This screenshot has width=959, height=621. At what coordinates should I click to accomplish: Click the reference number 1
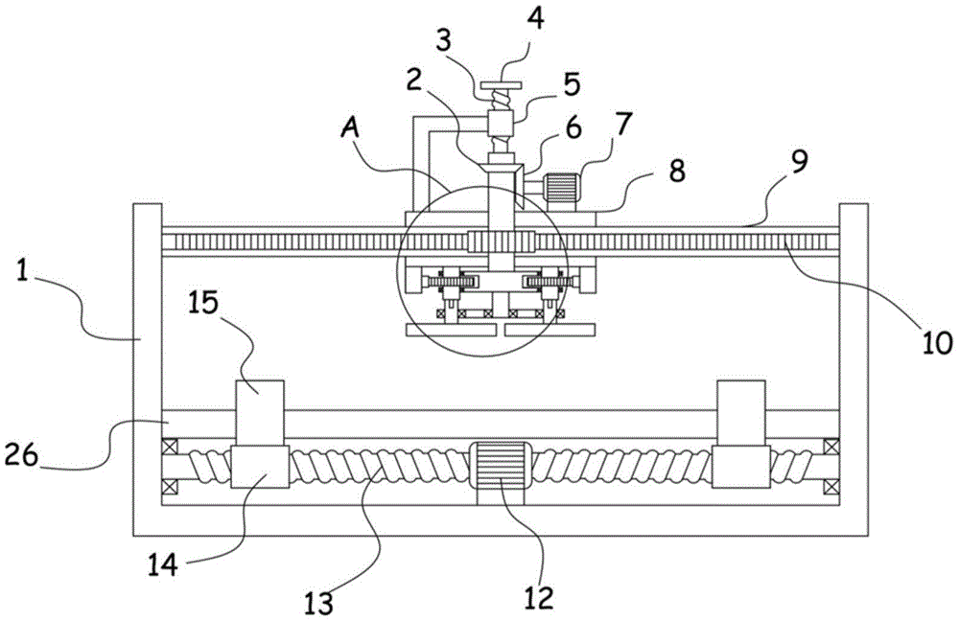pos(23,272)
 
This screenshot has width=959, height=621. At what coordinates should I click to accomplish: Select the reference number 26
pos(22,455)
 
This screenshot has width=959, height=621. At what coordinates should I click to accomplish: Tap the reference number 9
pos(801,162)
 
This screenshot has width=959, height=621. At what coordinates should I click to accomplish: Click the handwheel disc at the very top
pos(501,85)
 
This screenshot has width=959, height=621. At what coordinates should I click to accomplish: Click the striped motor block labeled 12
pos(500,465)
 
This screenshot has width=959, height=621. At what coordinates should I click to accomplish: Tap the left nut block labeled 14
pos(260,467)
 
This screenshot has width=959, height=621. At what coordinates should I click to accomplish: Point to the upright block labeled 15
pos(260,413)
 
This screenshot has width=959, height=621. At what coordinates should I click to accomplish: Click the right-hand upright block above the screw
pos(740,413)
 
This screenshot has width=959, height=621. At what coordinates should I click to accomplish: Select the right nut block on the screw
pos(740,467)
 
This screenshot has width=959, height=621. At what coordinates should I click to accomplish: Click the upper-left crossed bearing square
pos(169,447)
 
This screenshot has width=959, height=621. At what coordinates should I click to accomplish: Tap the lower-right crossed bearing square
pos(831,487)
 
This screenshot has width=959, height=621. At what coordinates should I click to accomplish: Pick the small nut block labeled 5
pos(501,125)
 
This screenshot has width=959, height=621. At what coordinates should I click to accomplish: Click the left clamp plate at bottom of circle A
pos(451,330)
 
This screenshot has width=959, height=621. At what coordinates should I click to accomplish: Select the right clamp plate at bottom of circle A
pos(550,330)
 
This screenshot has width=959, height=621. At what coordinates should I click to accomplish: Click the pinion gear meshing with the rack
pos(502,241)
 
